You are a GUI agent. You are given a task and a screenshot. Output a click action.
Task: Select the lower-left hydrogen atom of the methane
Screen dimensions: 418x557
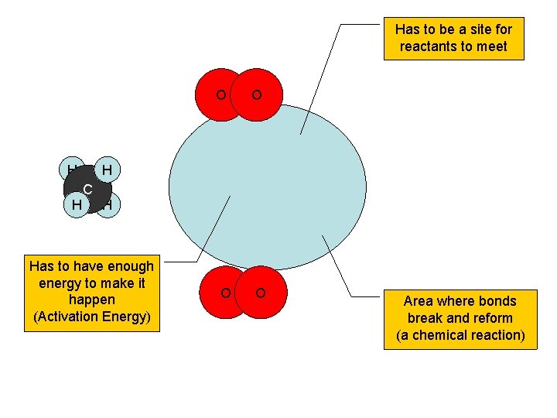click(75, 205)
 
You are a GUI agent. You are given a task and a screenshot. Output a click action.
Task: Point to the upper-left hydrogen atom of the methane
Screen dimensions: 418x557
click(70, 169)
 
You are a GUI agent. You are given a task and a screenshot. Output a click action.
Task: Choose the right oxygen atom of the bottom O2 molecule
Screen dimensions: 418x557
click(261, 293)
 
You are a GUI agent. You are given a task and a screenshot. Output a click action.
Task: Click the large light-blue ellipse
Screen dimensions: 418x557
click(267, 186)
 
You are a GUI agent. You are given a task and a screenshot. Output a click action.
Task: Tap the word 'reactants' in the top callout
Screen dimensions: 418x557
click(428, 46)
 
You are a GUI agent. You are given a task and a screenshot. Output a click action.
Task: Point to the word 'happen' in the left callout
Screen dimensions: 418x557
click(91, 300)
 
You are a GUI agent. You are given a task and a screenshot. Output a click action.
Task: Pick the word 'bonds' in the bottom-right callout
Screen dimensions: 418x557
click(497, 301)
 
